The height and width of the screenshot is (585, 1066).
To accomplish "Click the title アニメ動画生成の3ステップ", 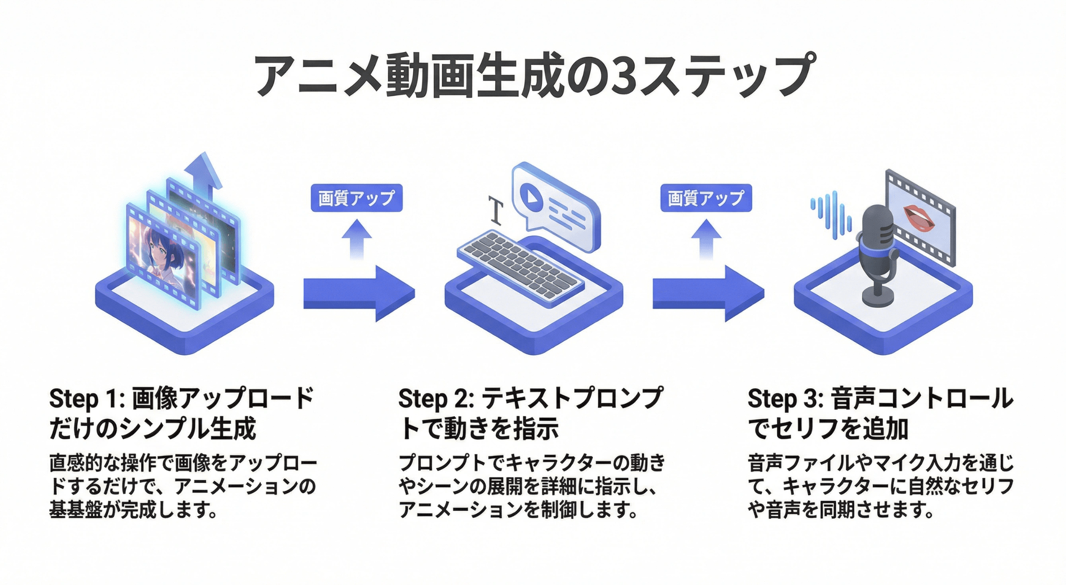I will (x=533, y=75).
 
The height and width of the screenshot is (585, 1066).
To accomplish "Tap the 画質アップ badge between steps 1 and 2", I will (x=356, y=198).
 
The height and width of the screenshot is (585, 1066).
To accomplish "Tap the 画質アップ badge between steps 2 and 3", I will (x=706, y=198).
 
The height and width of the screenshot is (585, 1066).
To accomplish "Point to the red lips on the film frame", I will (x=919, y=218).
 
